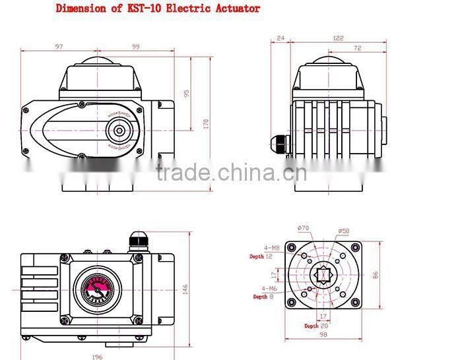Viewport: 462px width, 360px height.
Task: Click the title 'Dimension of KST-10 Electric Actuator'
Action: pos(158,9)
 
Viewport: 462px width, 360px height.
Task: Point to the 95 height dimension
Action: pos(187,93)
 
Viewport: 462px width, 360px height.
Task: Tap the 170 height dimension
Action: pos(206,123)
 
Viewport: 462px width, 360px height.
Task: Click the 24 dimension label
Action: pos(280,38)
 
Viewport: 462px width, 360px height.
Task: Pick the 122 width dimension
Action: pos(338,38)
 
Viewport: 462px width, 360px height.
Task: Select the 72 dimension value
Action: pos(358,49)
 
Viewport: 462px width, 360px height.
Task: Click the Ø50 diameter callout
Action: pos(344,231)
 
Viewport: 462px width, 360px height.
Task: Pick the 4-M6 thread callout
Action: pos(269,289)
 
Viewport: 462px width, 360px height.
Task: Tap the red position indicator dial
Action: pos(97,288)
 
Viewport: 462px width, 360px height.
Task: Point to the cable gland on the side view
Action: pos(277,142)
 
